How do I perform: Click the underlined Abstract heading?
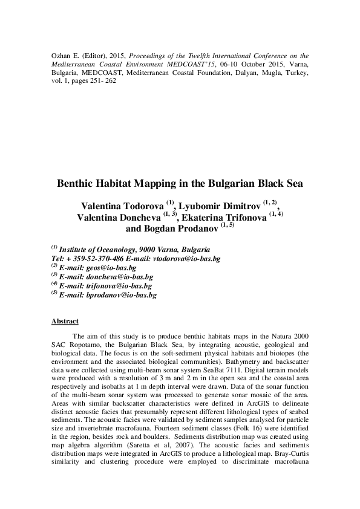pyautogui.click(x=65, y=321)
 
